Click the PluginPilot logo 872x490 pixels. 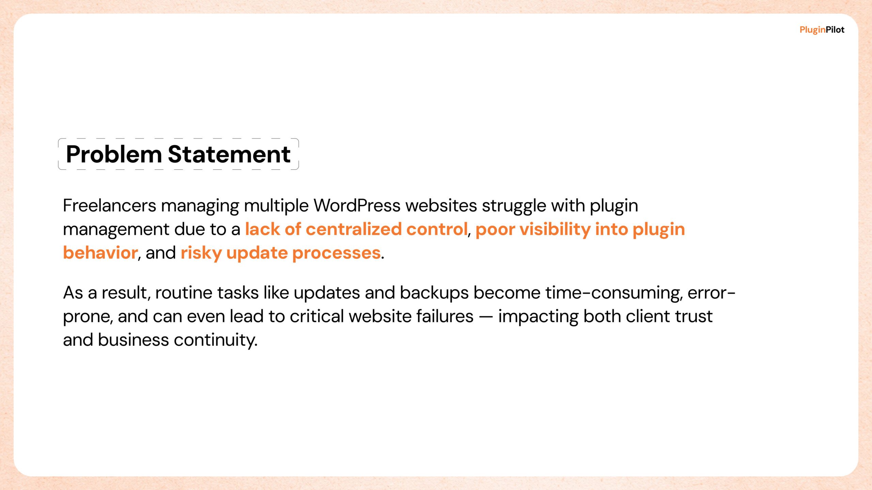coord(822,30)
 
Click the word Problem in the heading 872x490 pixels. coord(114,154)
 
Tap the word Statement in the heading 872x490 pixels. coord(229,154)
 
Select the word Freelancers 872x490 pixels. coord(110,206)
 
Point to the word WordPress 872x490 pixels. coord(357,206)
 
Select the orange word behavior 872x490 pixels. coord(100,253)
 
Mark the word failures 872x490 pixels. coord(445,316)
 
